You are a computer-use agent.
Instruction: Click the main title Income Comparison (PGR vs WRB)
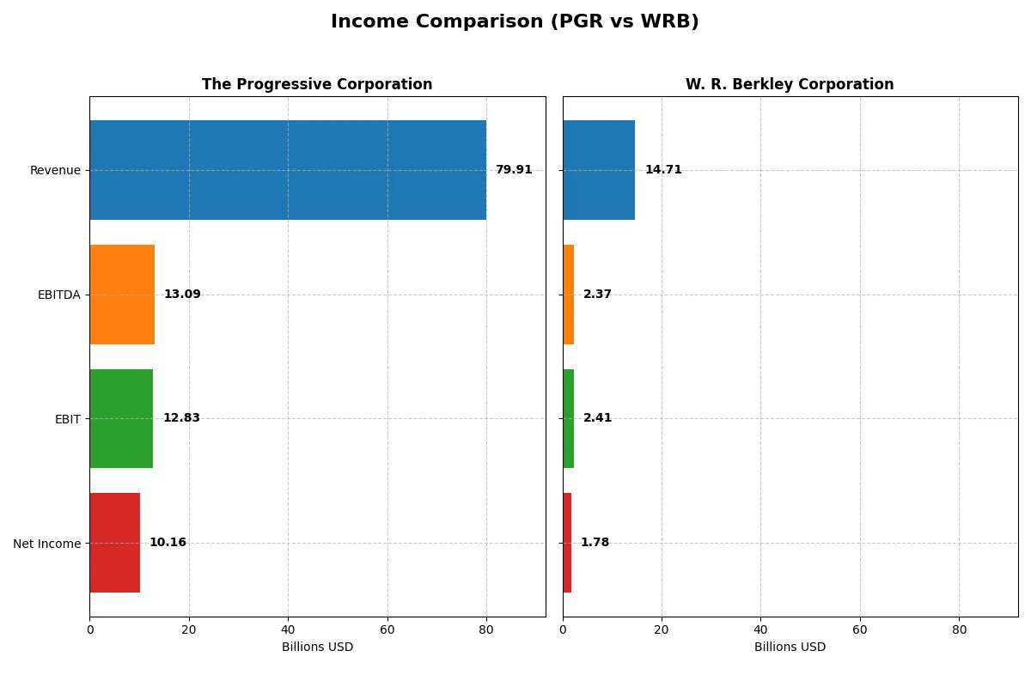click(515, 21)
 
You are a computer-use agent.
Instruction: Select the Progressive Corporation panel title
click(317, 84)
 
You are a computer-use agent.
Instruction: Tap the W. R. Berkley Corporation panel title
click(789, 84)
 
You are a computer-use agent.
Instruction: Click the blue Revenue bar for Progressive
click(288, 170)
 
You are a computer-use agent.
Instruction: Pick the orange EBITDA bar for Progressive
click(122, 295)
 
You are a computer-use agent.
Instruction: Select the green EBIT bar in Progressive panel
click(121, 418)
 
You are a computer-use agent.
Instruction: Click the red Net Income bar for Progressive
click(114, 543)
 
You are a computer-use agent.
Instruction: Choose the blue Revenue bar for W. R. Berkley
click(599, 170)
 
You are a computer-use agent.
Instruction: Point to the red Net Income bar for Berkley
click(567, 543)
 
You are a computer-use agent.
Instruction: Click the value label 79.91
click(514, 170)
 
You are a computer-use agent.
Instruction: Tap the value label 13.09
click(182, 295)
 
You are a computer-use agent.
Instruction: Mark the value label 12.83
click(181, 418)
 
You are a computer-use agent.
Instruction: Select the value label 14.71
click(663, 170)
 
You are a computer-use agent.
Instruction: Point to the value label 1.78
click(595, 543)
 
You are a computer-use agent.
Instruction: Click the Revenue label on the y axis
click(55, 170)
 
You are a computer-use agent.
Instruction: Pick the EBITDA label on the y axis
click(58, 295)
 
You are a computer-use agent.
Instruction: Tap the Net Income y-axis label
click(46, 543)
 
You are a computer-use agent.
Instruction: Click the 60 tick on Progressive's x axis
click(387, 629)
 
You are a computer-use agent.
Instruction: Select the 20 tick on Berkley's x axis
click(662, 629)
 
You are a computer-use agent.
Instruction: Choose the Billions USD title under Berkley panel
click(790, 647)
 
